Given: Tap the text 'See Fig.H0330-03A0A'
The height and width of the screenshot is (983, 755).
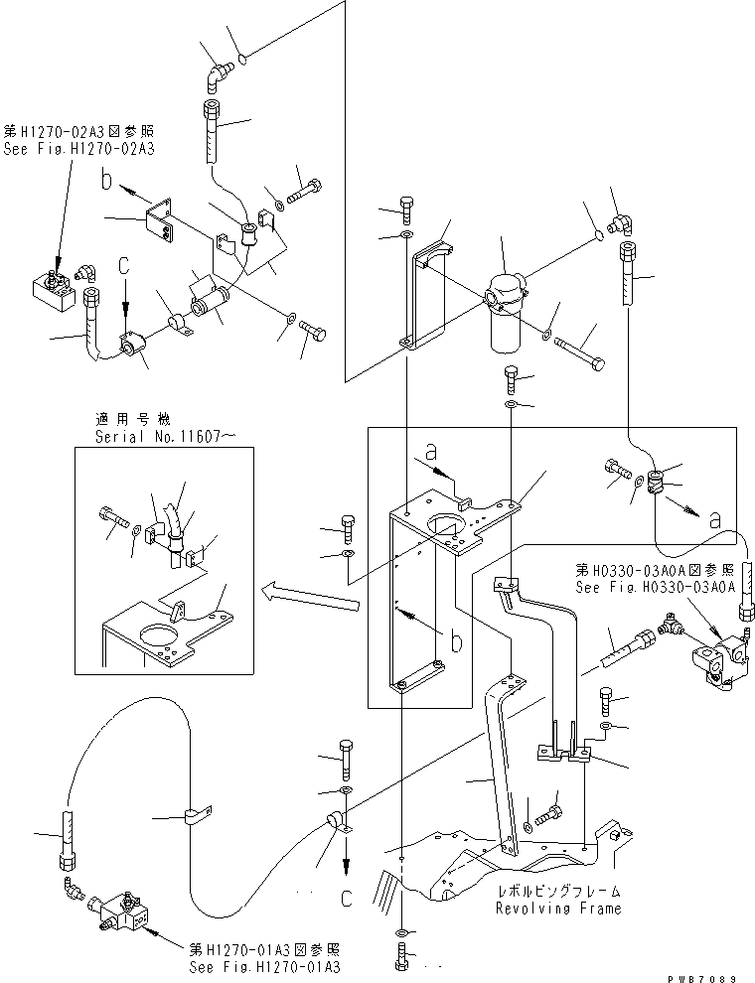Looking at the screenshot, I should point(657,587).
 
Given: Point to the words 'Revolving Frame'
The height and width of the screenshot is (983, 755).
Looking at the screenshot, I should point(560,908).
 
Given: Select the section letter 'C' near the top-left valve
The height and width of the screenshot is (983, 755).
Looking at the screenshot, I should point(123,267).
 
